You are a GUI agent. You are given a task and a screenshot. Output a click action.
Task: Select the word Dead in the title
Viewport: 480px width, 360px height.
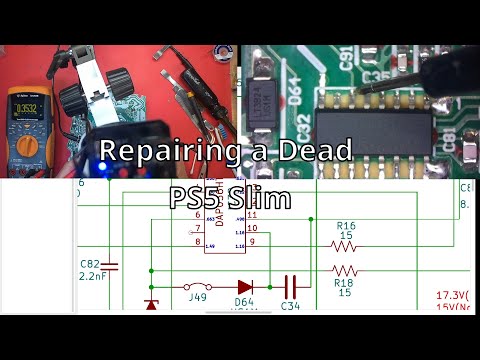point(317,152)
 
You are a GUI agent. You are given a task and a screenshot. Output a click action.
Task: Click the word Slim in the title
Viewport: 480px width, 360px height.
point(261,197)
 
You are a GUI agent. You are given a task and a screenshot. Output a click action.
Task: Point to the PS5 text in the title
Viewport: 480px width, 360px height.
point(197,197)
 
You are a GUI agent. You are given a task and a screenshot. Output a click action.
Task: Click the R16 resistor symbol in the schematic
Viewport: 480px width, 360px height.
point(343,246)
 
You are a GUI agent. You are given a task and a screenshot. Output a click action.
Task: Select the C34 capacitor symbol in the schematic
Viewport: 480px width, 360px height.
point(290,284)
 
